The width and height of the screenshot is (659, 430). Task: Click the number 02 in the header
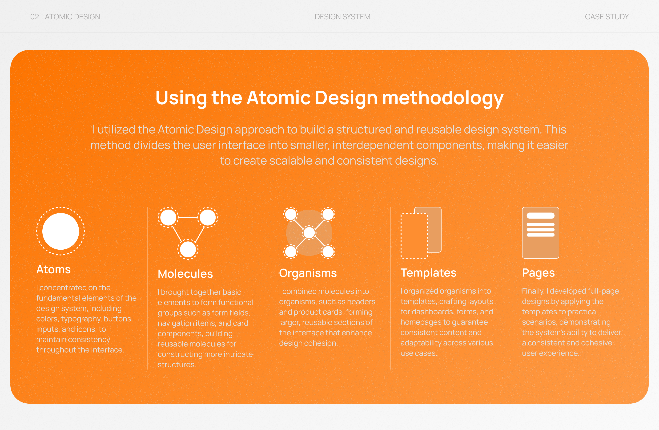tap(34, 17)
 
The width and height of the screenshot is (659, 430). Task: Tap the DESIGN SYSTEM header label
tap(342, 17)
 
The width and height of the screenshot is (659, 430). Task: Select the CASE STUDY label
tap(607, 17)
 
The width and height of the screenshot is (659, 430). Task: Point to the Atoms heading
tap(53, 270)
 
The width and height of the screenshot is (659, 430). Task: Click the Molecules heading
tap(185, 274)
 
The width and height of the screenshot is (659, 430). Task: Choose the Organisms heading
tap(308, 273)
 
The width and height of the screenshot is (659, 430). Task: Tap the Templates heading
tap(428, 273)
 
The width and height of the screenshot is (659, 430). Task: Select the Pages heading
tap(538, 273)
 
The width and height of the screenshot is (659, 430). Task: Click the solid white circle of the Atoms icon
tap(61, 231)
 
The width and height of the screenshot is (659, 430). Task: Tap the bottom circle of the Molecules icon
tap(188, 249)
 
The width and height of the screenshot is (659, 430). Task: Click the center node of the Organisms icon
tap(309, 233)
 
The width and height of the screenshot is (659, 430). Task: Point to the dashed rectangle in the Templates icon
tap(414, 236)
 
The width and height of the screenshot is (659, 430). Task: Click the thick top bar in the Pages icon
tap(540, 215)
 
